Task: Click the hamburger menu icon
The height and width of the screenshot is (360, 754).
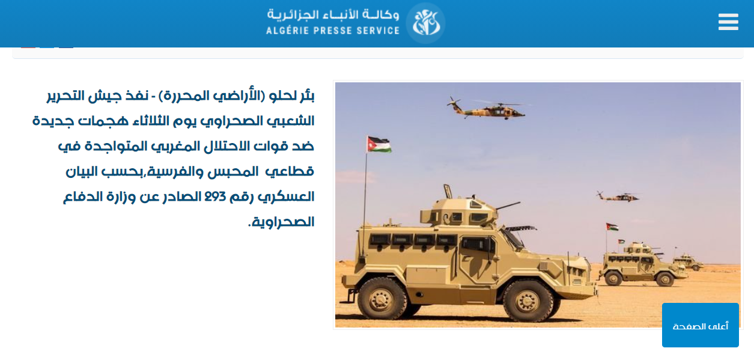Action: point(728,22)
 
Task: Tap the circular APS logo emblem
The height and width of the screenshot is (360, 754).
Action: point(425,23)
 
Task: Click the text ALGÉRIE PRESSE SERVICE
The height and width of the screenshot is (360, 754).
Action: point(333,31)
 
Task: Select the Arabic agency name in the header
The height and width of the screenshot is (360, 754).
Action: point(333,15)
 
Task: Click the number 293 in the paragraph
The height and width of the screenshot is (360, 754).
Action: point(215,196)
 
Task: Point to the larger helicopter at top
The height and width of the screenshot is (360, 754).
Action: point(485,108)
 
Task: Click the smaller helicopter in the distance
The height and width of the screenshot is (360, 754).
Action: point(618,197)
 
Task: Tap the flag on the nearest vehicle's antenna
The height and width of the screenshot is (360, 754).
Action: point(379,144)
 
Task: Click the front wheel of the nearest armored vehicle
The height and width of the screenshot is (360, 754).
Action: point(527,300)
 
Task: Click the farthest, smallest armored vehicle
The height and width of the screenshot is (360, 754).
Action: point(689,261)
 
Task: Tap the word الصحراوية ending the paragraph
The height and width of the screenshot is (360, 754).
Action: point(284,222)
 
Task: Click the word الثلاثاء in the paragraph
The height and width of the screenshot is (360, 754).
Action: point(151,121)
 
